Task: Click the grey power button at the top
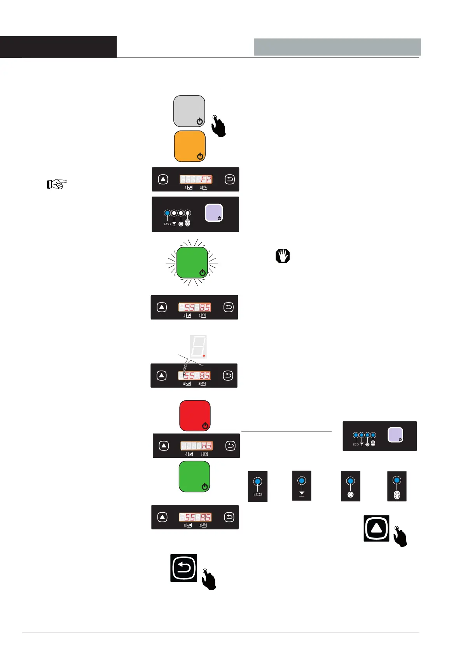pyautogui.click(x=189, y=111)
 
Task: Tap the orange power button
pyautogui.click(x=190, y=146)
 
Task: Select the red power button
pyautogui.click(x=195, y=416)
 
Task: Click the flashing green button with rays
pyautogui.click(x=192, y=263)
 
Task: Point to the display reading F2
pyautogui.click(x=196, y=179)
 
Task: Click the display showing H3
pyautogui.click(x=197, y=446)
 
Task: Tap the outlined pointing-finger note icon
pyautogui.click(x=57, y=184)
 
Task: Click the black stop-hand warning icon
pyautogui.click(x=283, y=256)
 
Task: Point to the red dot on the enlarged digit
pyautogui.click(x=203, y=355)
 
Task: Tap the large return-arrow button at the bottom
pyautogui.click(x=184, y=568)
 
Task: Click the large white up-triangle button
pyautogui.click(x=376, y=528)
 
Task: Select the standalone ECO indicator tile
pyautogui.click(x=258, y=486)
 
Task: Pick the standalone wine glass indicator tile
pyautogui.click(x=302, y=486)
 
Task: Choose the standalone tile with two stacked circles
pyautogui.click(x=397, y=486)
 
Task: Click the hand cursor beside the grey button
pyautogui.click(x=219, y=126)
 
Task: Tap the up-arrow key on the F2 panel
pyautogui.click(x=163, y=179)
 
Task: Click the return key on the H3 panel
pyautogui.click(x=231, y=446)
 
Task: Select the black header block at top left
pyautogui.click(x=58, y=47)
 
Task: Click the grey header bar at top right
pyautogui.click(x=337, y=47)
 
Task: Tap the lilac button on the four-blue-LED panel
pyautogui.click(x=395, y=435)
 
